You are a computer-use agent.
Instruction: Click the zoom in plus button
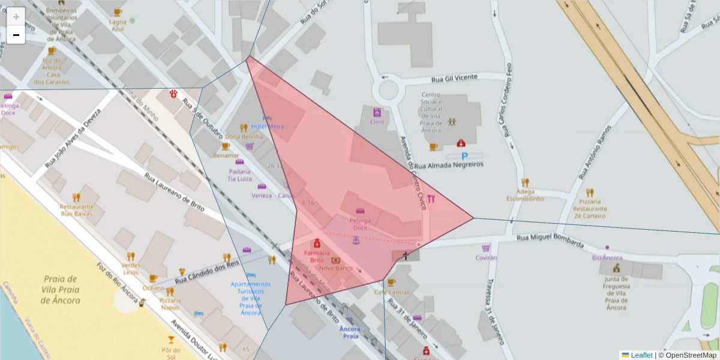[16, 17]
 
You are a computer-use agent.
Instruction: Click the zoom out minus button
[16, 35]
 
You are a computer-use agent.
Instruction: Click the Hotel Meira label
[267, 127]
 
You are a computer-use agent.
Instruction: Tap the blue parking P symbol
[464, 156]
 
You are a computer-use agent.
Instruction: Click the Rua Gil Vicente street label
[455, 78]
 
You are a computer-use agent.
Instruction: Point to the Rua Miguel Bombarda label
[551, 240]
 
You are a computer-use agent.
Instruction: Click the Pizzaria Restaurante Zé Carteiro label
[590, 209]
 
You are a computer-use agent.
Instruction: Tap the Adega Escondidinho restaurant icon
[525, 182]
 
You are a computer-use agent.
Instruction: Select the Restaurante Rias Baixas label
[77, 210]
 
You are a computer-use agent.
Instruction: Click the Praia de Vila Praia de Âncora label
[61, 289]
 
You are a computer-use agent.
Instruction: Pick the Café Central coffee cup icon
[391, 282]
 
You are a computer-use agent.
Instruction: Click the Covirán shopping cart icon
[485, 248]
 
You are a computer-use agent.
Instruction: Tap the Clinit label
[377, 122]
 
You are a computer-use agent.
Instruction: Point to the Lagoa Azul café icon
[118, 12]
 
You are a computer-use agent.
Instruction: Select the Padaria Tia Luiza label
[239, 175]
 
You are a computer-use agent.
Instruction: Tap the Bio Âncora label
[607, 258]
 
